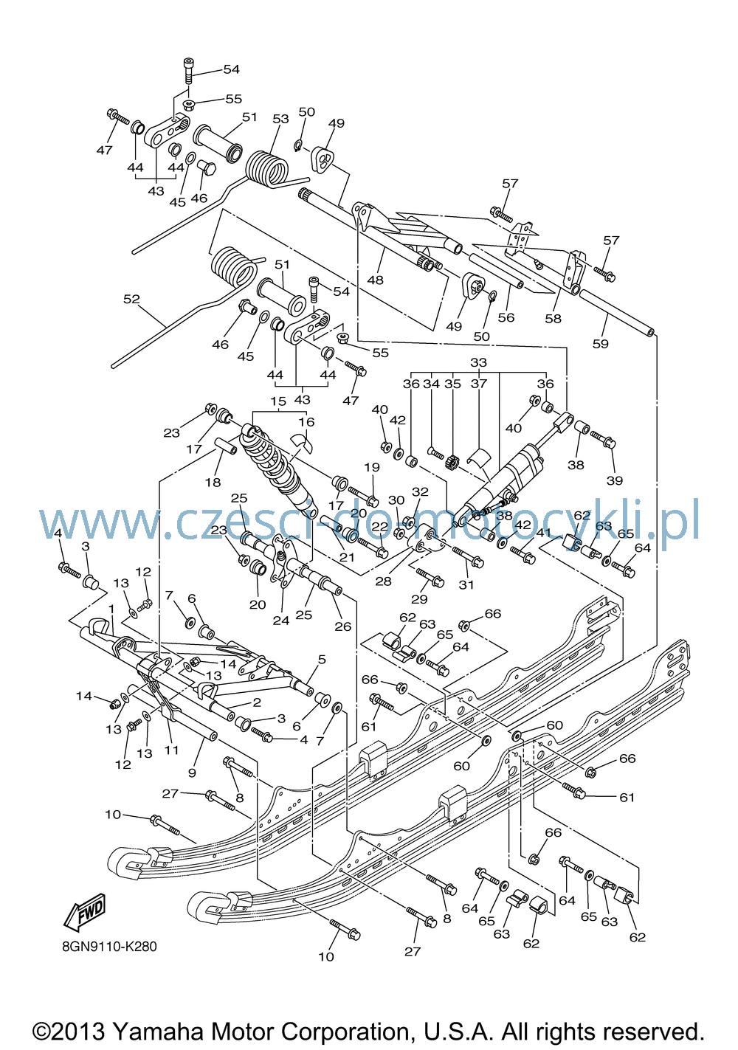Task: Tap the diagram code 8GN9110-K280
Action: (109, 947)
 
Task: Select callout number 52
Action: (132, 299)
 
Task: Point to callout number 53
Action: (281, 119)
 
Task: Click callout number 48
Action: (375, 280)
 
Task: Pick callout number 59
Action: (600, 344)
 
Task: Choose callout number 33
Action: (479, 362)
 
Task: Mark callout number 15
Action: (278, 401)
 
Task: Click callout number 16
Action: (307, 421)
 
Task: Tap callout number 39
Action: (615, 480)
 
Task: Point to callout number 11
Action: (172, 750)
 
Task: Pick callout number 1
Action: (111, 608)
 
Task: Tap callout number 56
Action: (506, 317)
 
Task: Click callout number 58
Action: (553, 318)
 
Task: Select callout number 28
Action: (383, 581)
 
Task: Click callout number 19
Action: (372, 467)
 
